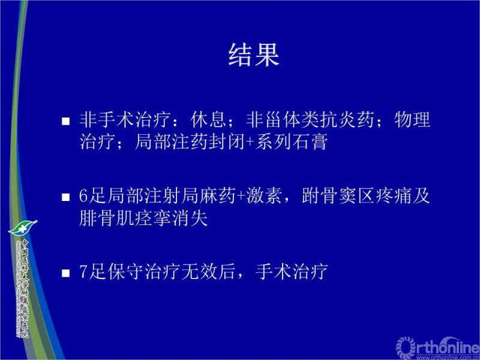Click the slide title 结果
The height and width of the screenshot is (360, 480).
point(254,55)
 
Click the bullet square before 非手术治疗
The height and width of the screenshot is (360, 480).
point(67,121)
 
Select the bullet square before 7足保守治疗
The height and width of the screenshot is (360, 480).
point(67,273)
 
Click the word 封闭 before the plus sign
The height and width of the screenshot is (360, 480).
point(226,143)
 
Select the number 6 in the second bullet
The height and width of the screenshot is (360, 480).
point(83,196)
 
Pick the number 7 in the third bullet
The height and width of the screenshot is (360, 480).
point(83,272)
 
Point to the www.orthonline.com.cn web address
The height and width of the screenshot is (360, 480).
point(447,356)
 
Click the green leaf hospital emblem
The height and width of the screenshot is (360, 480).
point(23,227)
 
